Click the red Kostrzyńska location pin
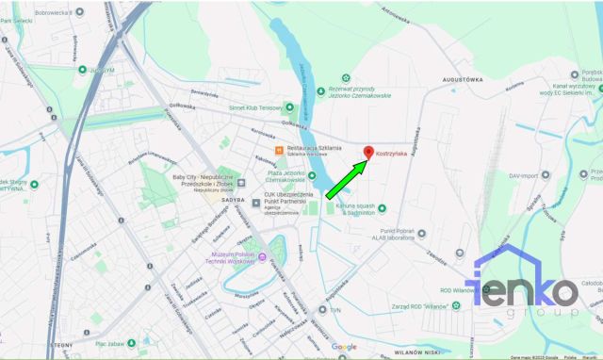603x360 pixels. (x=367, y=152)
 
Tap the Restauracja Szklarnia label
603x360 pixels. (x=315, y=149)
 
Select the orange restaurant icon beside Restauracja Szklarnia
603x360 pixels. (x=280, y=150)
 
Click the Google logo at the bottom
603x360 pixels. (x=343, y=348)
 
